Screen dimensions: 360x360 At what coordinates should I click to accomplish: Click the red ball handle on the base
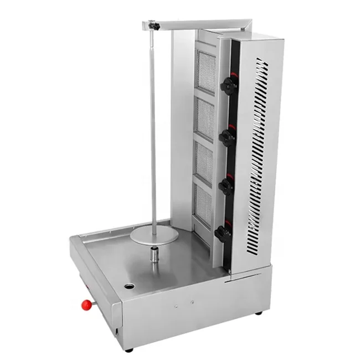coord(86,304)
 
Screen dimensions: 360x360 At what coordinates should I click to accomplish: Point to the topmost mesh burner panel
coord(207,71)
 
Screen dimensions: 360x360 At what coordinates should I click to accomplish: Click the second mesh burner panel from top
coord(205,119)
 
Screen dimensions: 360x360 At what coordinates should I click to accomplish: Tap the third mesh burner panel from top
coord(204,163)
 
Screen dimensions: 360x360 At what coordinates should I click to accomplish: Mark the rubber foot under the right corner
coord(259,313)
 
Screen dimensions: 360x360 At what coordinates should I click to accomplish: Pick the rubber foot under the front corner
coord(128,349)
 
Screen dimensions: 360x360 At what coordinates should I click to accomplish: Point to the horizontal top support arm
coord(199,23)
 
